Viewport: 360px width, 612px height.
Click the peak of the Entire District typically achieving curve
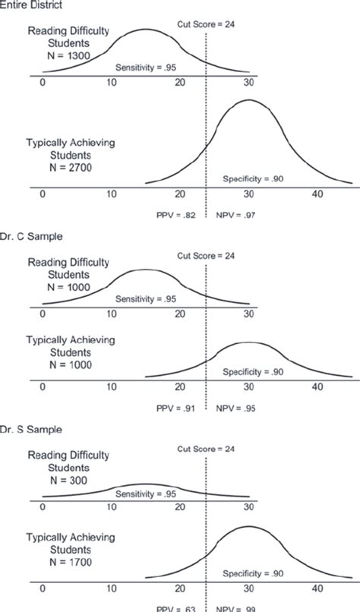click(249, 100)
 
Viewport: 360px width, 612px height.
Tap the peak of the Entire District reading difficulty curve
click(145, 30)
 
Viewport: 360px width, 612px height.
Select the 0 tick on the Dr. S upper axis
click(43, 506)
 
